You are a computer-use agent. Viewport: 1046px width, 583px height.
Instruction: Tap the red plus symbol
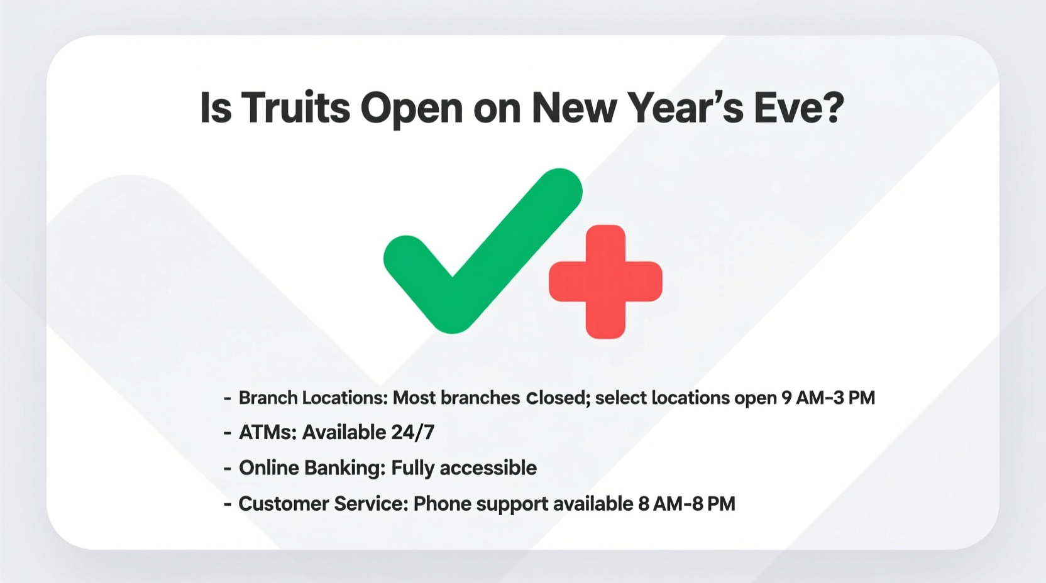605,281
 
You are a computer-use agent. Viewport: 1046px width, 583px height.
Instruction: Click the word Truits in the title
295,107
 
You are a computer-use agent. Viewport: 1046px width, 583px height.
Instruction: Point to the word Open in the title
412,109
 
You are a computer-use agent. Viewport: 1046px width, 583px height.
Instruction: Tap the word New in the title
574,107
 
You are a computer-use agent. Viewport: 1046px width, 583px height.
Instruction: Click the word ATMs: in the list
268,432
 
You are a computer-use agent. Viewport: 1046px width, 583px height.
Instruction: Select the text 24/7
412,432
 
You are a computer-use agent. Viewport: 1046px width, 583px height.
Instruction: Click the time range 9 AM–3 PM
828,398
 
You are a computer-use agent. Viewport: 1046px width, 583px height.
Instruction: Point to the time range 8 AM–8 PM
686,504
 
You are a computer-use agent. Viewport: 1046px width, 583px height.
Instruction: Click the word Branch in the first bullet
268,398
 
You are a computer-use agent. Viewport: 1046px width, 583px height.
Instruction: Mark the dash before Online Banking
228,469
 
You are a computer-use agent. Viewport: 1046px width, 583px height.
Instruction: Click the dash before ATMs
228,433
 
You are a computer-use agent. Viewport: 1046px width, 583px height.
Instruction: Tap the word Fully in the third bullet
412,468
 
